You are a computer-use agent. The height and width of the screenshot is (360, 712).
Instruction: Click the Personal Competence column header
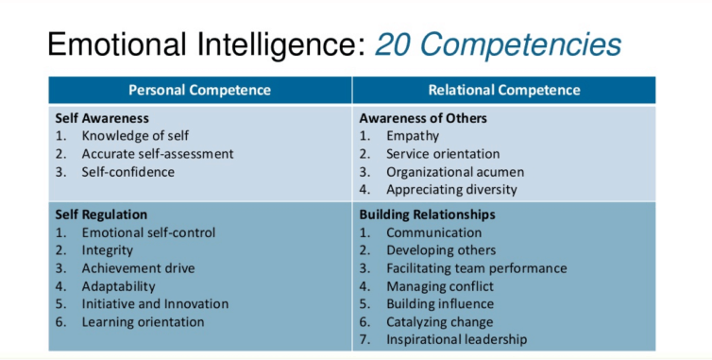(199, 91)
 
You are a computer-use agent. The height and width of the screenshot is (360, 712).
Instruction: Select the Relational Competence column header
(503, 91)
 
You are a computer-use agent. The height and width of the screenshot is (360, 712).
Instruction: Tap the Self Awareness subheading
(102, 119)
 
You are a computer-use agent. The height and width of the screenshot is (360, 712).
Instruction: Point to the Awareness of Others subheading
(423, 119)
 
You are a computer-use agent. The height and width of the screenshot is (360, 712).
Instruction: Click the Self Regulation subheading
(101, 214)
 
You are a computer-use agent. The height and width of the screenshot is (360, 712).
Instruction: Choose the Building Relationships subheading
(427, 214)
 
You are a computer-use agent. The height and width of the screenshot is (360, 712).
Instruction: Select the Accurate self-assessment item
(158, 154)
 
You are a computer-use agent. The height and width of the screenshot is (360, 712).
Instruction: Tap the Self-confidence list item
(128, 172)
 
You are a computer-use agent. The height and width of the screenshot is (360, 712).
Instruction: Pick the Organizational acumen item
(455, 172)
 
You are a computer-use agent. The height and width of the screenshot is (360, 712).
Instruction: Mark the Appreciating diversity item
(451, 190)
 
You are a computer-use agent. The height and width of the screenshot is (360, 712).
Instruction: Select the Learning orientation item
(143, 322)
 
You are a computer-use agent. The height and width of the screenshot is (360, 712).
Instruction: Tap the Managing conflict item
(441, 286)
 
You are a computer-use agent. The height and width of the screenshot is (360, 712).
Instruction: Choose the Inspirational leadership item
(456, 340)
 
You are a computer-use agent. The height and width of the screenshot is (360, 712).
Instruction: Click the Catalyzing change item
(439, 322)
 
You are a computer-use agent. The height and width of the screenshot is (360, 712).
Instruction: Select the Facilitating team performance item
(476, 268)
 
